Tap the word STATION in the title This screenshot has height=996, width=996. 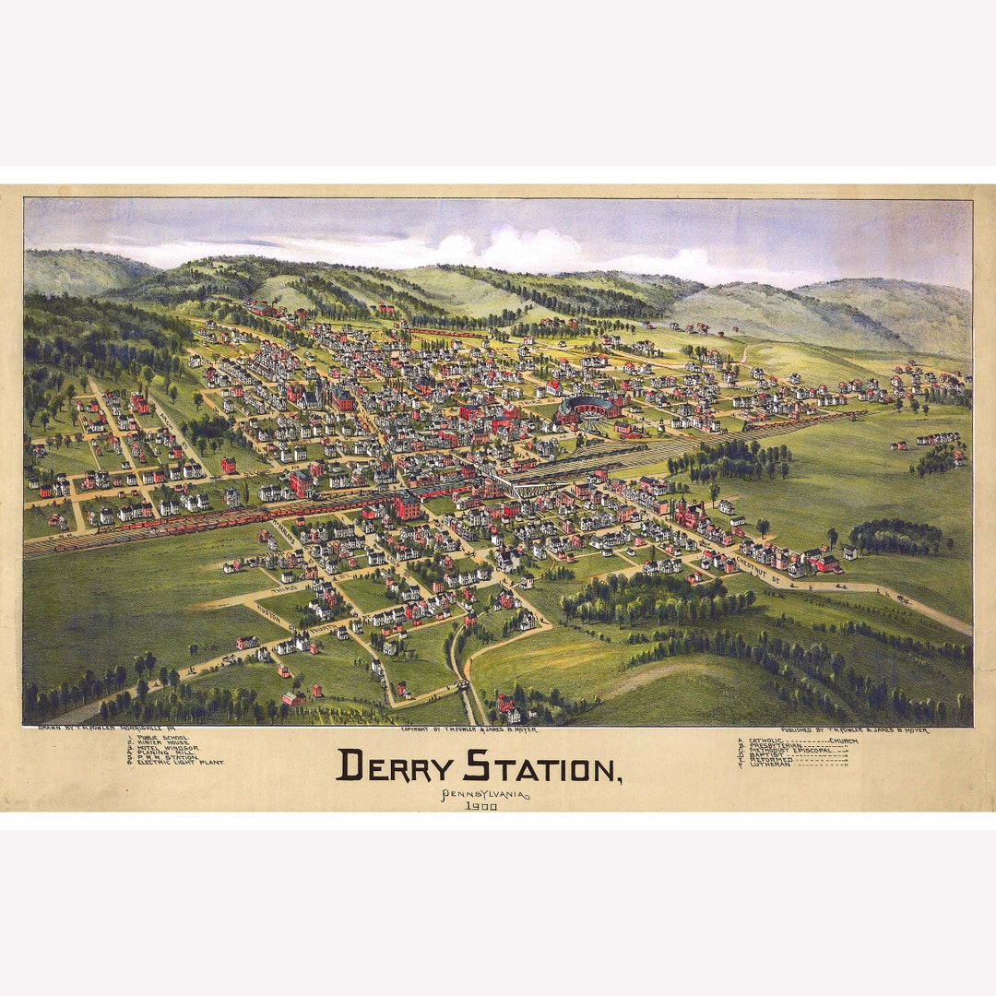542,765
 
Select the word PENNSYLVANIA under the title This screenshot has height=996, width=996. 485,795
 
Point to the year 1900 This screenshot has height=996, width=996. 481,806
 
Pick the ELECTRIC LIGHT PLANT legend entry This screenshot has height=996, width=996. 180,763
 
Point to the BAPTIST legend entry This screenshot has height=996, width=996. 771,755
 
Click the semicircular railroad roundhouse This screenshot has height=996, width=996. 587,409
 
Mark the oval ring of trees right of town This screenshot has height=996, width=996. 895,536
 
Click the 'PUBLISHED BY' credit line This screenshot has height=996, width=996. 853,729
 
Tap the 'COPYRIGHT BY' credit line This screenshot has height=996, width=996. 468,729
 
